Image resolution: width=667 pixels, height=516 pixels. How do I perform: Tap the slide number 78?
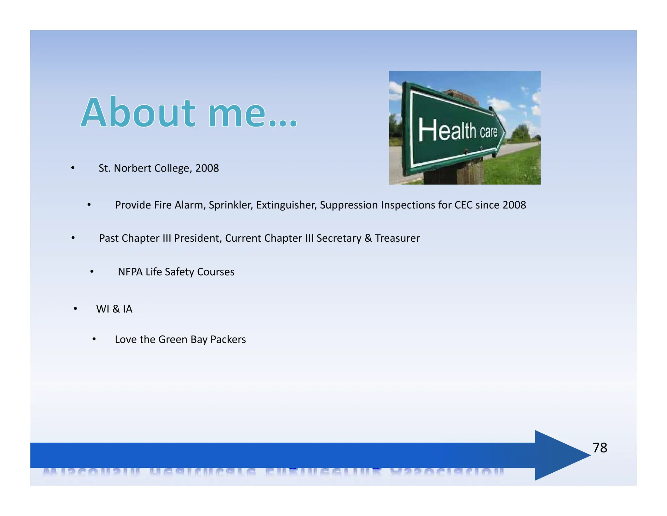pos(600,448)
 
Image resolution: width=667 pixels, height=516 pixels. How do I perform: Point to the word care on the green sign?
pos(488,132)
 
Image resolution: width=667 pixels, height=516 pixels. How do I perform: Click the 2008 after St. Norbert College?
pos(207,168)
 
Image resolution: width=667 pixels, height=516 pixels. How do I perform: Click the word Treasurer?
pos(397,238)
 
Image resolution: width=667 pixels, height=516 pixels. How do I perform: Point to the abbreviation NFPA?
pos(130,272)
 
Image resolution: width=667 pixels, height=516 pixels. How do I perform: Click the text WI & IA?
pos(114,309)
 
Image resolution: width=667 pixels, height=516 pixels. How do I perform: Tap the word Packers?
pos(228,340)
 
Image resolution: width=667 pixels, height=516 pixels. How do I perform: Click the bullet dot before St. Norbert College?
pos(73,168)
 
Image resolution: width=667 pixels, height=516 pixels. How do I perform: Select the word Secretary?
pos(339,238)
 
